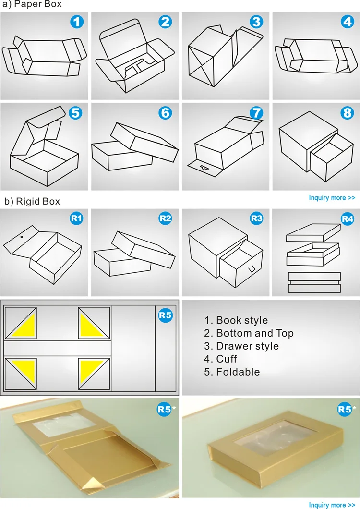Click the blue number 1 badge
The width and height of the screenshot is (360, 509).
click(77, 22)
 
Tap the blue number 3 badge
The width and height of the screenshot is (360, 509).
click(256, 22)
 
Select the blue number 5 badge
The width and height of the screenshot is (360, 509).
click(75, 113)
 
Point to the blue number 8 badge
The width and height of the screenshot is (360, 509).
click(348, 113)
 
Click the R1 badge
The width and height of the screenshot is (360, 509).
click(77, 218)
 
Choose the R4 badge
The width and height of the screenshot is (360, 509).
click(348, 218)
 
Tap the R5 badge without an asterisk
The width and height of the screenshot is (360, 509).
click(165, 315)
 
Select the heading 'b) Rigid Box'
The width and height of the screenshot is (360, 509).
click(32, 202)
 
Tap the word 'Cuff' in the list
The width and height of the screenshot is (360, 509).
click(227, 359)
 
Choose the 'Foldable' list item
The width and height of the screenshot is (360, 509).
click(238, 372)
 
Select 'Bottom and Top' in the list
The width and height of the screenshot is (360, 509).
click(255, 333)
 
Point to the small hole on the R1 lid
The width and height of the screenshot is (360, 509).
click(22, 237)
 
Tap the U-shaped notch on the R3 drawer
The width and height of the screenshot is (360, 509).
click(252, 269)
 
